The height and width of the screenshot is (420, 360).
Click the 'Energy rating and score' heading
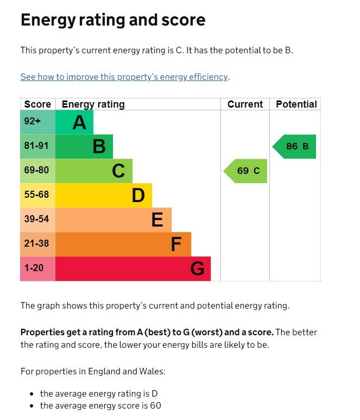[x=113, y=20]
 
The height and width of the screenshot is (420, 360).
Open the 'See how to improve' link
[x=124, y=77]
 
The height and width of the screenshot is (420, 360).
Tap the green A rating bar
[x=74, y=122]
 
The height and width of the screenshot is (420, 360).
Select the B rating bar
[x=84, y=146]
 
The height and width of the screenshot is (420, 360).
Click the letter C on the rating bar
[x=118, y=171]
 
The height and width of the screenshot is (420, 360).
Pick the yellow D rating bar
[x=103, y=195]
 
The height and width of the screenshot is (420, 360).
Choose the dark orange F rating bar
[x=123, y=244]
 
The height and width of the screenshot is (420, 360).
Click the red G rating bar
[x=132, y=268]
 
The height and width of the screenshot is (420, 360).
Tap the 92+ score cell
[x=33, y=122]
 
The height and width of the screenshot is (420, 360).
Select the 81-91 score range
[x=36, y=146]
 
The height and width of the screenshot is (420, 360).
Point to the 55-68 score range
[x=36, y=195]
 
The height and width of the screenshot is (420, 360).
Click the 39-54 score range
[x=36, y=219]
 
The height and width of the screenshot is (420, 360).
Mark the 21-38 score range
[x=36, y=243]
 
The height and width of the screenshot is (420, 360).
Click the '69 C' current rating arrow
[x=246, y=171]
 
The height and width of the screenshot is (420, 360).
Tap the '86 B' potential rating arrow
[x=295, y=146]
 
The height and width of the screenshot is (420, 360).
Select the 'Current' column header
[x=245, y=104]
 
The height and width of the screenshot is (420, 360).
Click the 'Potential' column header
[x=296, y=104]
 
